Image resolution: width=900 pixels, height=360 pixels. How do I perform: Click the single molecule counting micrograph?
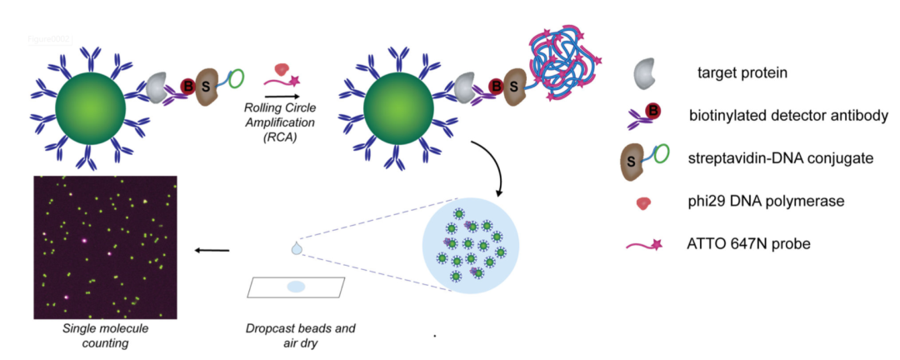(x=105, y=247)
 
